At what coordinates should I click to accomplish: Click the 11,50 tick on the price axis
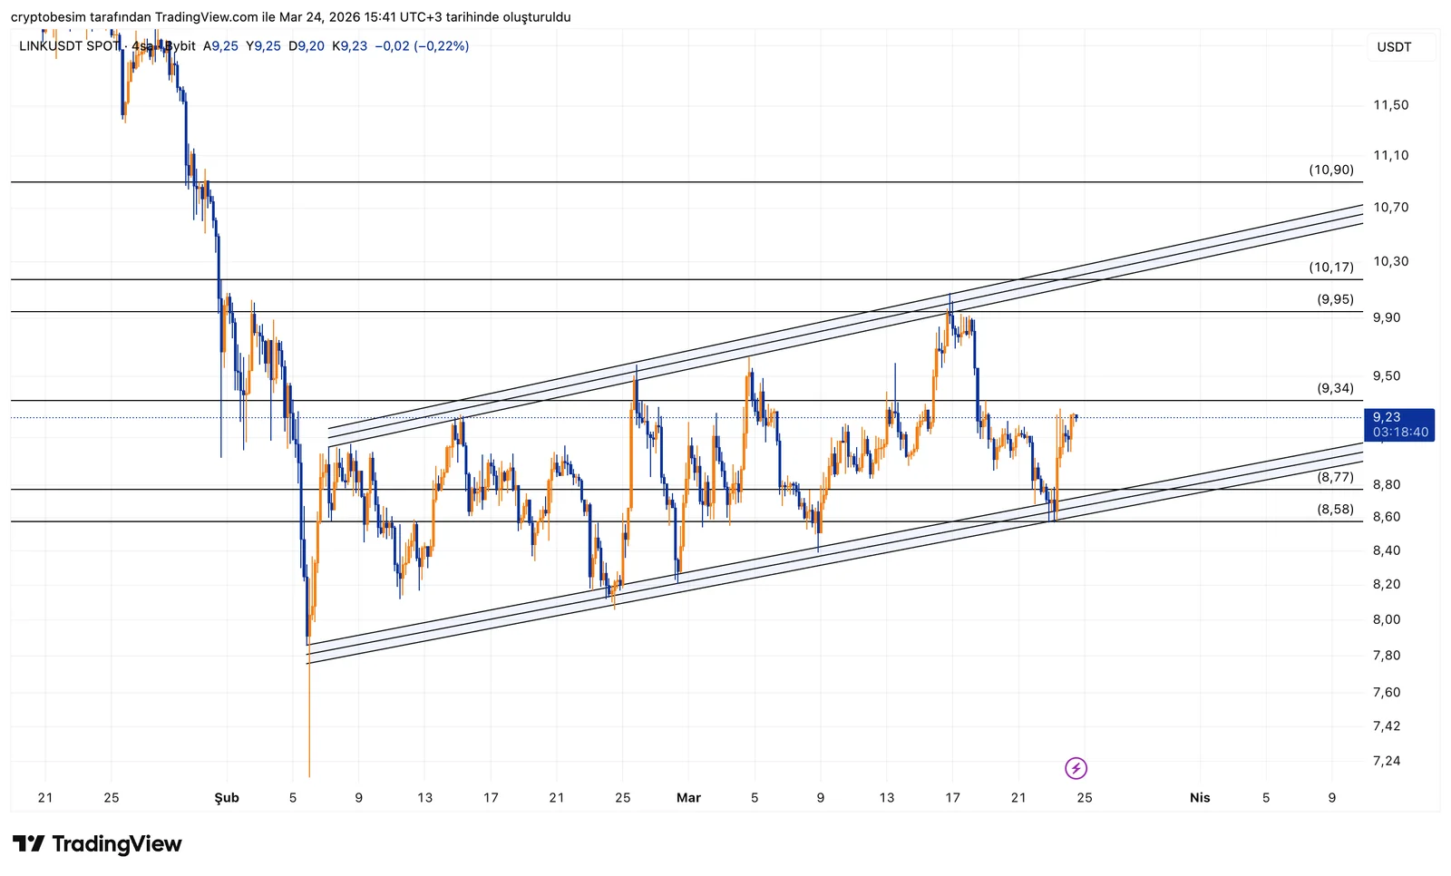1390,105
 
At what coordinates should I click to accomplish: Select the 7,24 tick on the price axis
1387,761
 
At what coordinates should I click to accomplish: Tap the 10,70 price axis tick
1390,208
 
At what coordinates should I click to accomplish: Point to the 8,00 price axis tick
1387,619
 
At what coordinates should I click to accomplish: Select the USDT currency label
1394,47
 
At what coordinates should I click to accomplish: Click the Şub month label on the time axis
227,798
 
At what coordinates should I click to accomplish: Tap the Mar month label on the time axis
688,798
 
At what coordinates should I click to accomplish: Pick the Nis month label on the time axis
1199,798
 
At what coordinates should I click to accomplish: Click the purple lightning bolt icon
1076,769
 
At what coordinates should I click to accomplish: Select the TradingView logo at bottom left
97,844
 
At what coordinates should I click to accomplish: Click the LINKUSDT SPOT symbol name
69,46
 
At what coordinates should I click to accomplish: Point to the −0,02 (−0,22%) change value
422,46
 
